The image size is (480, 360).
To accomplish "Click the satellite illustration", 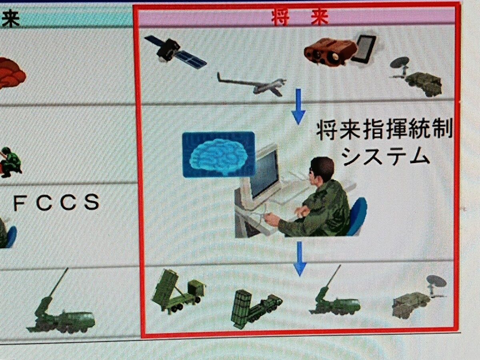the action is (175, 52).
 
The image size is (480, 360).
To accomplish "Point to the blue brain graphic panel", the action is (219, 154).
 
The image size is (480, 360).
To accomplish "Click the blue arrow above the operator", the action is (298, 107).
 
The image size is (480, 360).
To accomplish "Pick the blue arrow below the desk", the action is (300, 258).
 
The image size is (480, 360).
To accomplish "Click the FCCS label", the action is (56, 202).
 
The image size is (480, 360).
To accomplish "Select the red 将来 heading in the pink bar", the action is (300, 18).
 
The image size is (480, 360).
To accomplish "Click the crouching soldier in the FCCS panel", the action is (10, 162).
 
